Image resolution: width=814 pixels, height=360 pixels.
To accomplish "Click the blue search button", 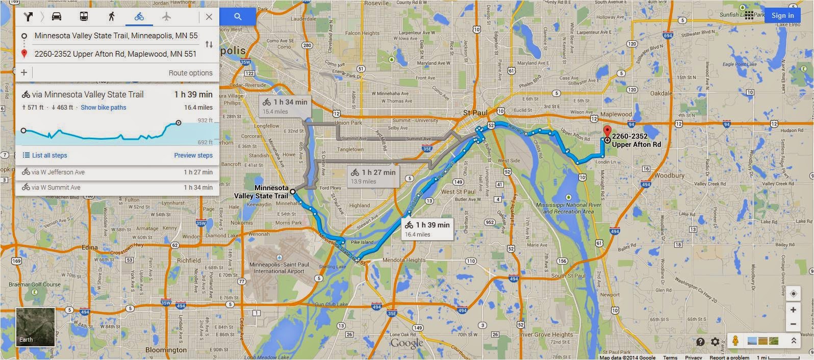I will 238,17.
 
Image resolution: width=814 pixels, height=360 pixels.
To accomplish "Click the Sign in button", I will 782,15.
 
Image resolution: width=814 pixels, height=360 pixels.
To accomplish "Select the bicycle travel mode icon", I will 139,17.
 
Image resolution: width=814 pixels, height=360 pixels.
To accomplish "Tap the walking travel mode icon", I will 111,17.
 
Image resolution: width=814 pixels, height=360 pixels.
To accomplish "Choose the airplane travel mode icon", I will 166,17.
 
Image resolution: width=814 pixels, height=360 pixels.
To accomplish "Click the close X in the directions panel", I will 209,17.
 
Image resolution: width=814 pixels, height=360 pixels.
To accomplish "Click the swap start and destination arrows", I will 209,44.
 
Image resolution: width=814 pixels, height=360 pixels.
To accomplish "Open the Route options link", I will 190,73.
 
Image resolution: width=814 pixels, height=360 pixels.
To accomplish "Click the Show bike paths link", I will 103,108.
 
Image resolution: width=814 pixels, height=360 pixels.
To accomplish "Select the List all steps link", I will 45,156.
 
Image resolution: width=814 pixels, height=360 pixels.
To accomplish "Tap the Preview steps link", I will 193,156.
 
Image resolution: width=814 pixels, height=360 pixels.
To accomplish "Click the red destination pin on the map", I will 607,131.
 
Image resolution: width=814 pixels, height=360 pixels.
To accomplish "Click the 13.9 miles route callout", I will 373,176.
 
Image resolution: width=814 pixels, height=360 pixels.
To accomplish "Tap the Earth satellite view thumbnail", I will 35,327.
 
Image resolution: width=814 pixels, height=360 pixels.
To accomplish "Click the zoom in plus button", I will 793,310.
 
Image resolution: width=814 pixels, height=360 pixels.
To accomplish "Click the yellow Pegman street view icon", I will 735,341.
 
